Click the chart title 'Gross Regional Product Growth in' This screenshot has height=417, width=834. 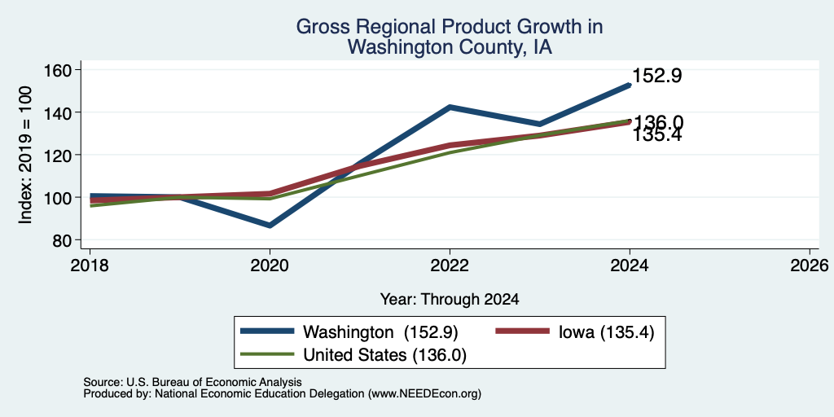pyautogui.click(x=450, y=27)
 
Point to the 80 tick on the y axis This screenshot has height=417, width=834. pyautogui.click(x=63, y=240)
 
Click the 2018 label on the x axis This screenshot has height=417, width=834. pyautogui.click(x=90, y=265)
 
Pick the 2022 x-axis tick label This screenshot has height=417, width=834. pyautogui.click(x=450, y=265)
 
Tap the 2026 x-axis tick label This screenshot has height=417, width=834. pyautogui.click(x=810, y=265)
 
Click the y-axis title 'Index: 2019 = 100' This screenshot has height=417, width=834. pyautogui.click(x=25, y=155)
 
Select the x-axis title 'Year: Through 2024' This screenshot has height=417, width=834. pyautogui.click(x=450, y=300)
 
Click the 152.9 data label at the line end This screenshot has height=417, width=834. pyautogui.click(x=657, y=76)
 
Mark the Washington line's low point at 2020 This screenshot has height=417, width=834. pyautogui.click(x=270, y=226)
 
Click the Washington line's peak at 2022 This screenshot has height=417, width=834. pyautogui.click(x=450, y=107)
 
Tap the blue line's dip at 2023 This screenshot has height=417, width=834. pyautogui.click(x=540, y=124)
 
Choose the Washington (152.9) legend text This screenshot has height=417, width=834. pyautogui.click(x=380, y=332)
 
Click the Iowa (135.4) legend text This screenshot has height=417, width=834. pyautogui.click(x=606, y=332)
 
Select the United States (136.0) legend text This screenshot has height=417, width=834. pyautogui.click(x=384, y=355)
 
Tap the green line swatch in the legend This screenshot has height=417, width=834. pyautogui.click(x=267, y=353)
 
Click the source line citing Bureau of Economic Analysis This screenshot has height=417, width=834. pyautogui.click(x=192, y=382)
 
